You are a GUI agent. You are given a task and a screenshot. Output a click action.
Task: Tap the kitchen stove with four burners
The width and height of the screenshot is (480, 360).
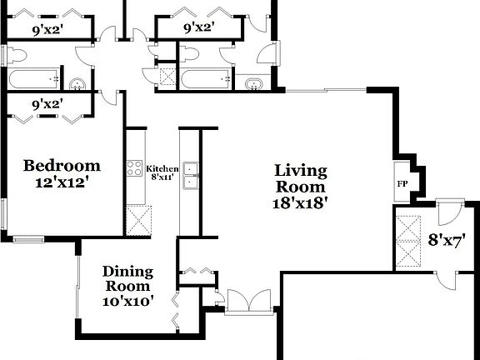point(135,168)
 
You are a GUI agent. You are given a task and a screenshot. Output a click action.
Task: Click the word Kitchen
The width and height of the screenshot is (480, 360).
point(162,168)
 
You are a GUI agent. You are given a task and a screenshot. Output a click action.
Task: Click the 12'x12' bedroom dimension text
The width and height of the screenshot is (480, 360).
point(61,181)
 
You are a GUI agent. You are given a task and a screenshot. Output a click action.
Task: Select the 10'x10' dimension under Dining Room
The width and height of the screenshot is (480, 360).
point(127,301)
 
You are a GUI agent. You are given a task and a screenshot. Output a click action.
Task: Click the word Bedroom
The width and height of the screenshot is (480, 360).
point(62,165)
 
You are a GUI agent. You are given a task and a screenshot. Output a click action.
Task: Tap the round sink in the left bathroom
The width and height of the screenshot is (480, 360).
point(77,82)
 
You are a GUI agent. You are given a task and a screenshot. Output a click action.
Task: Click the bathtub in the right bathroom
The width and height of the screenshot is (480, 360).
point(206,80)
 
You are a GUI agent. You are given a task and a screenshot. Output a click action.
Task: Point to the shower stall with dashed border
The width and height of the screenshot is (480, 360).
point(167,77)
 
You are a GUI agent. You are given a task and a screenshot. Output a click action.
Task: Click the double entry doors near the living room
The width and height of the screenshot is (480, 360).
point(249,301)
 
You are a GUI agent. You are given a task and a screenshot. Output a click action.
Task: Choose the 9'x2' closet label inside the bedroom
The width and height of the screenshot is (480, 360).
point(48,105)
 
